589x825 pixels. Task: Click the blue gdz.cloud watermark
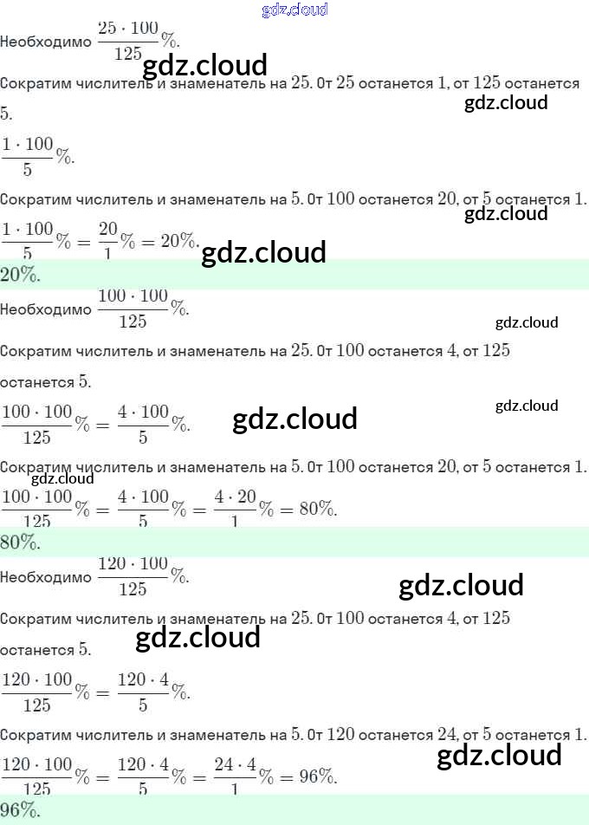pos(294,10)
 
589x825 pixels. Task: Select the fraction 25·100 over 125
pos(128,41)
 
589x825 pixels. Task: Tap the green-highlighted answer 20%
pos(20,275)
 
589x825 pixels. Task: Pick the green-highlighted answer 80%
pos(20,542)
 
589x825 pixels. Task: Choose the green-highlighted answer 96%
pos(20,810)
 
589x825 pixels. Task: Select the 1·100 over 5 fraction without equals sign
pos(28,156)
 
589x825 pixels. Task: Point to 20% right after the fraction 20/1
pos(179,241)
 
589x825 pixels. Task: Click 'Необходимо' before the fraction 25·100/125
pos(45,42)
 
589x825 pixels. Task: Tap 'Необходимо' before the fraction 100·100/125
pos(45,309)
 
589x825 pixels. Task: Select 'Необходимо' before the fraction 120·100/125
pos(45,577)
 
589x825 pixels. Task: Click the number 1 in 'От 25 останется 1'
pos(444,83)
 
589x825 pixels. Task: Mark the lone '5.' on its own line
pos(7,114)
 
